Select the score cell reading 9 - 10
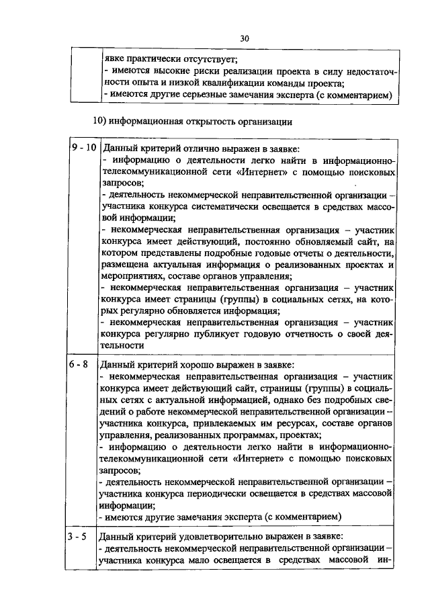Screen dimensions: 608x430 coord(83,146)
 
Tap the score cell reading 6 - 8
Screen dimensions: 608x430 coord(82,364)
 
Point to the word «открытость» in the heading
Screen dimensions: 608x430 coord(216,122)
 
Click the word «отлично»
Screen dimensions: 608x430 coord(200,148)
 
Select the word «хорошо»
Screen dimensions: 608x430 coord(200,365)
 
